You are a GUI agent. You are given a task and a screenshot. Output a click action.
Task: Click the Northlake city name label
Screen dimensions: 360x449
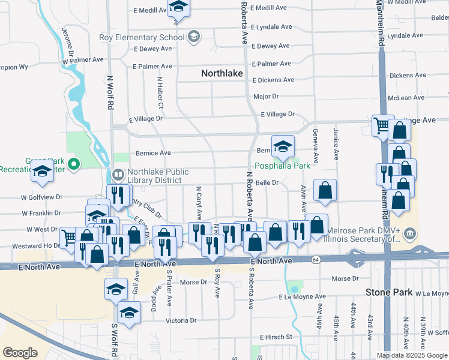pyautogui.click(x=221, y=73)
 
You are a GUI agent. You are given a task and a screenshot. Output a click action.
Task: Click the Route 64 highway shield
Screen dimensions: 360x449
pyautogui.click(x=316, y=260)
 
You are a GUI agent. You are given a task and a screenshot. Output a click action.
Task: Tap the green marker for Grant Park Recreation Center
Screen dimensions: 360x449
pyautogui.click(x=74, y=163)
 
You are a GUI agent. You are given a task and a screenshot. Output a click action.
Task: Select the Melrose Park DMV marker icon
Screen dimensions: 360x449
pyautogui.click(x=410, y=232)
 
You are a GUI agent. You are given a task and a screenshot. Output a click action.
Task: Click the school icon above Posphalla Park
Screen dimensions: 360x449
pyautogui.click(x=282, y=146)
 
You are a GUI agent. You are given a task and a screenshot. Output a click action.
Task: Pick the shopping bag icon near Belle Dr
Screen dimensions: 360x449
pyautogui.click(x=325, y=190)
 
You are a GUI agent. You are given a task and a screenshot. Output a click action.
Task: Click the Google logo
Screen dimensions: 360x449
pyautogui.click(x=20, y=353)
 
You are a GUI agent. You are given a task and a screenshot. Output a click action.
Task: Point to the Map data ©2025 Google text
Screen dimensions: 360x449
pyautogui.click(x=412, y=355)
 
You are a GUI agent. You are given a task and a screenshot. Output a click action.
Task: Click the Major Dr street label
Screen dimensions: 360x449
pyautogui.click(x=266, y=97)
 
